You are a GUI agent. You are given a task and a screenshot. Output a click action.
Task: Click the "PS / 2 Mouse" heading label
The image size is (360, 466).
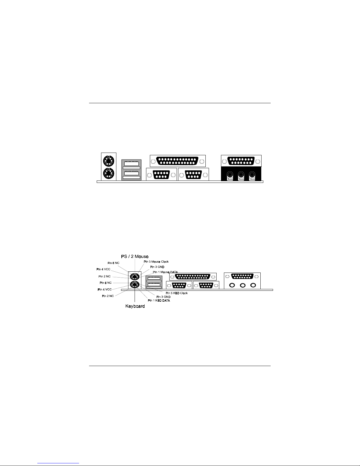(x=135, y=256)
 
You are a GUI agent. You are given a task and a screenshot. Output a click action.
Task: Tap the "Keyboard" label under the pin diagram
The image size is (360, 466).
(x=135, y=306)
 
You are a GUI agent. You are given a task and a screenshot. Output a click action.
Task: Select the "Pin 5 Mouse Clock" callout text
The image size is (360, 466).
(x=156, y=262)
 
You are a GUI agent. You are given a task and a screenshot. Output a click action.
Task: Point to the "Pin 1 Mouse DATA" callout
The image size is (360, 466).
(x=165, y=272)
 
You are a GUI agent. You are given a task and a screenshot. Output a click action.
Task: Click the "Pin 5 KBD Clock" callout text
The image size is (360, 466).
(x=177, y=293)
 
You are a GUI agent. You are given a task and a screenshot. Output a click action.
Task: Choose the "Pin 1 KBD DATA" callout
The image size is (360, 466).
(x=159, y=301)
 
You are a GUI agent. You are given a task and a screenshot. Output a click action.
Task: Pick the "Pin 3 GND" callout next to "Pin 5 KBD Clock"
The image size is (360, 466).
(x=163, y=297)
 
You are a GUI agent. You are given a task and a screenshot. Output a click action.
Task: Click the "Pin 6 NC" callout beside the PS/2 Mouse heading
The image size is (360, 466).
(x=113, y=263)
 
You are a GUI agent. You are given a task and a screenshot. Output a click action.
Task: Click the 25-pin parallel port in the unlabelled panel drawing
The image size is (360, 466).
(x=178, y=161)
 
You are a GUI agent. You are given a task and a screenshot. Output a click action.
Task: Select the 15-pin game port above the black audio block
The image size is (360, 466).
(x=241, y=161)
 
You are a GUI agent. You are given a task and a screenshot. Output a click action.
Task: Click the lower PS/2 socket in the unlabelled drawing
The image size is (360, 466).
(x=109, y=173)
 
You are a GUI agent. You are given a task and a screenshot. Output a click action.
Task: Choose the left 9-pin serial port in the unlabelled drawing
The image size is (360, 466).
(x=161, y=175)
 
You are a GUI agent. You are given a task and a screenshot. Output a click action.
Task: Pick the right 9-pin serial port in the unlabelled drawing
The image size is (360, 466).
(x=193, y=175)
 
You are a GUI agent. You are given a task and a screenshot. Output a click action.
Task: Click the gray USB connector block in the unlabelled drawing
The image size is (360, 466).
(x=131, y=170)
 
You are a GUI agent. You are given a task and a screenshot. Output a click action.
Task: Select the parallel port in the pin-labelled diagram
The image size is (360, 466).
(x=193, y=277)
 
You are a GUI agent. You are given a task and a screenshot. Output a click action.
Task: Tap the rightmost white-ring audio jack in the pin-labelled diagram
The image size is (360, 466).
(x=253, y=285)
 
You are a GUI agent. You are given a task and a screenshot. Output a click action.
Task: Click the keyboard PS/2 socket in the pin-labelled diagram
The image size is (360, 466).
(x=135, y=285)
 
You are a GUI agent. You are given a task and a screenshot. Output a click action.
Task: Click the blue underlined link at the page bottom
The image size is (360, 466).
(x=58, y=463)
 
